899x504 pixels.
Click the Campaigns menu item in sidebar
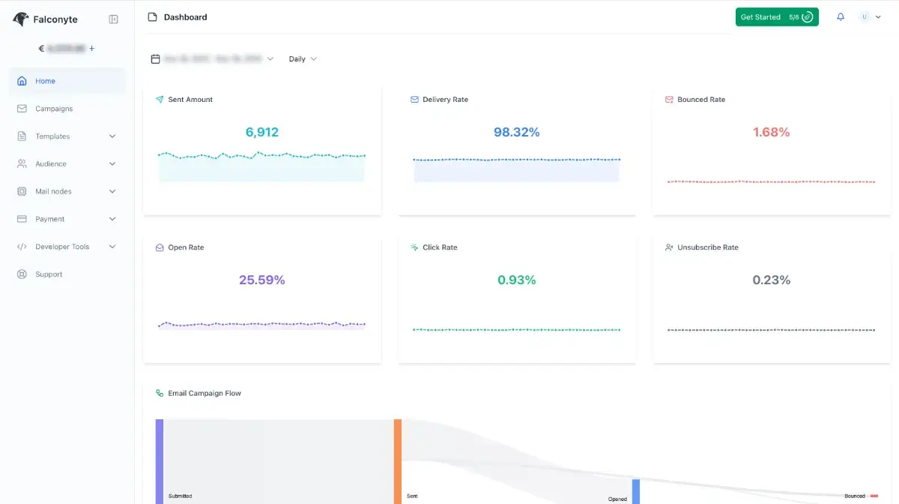pos(54,109)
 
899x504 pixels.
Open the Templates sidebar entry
pos(52,136)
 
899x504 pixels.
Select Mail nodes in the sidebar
pos(53,191)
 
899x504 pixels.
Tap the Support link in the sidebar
pos(49,274)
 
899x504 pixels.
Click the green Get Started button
pos(776,17)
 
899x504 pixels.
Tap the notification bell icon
pos(841,17)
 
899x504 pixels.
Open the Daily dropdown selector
pos(303,58)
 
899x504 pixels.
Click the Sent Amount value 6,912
pos(262,132)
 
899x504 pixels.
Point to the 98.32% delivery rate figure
pos(516,132)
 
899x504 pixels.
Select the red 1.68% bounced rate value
pos(771,132)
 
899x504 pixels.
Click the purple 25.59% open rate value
pos(262,280)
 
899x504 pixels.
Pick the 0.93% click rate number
pos(516,280)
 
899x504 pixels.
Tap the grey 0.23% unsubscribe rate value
pos(771,280)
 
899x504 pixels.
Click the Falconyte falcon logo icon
pos(21,19)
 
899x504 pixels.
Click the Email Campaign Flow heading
pos(205,393)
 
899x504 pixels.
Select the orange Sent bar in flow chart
pos(398,460)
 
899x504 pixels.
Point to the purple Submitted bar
pos(160,460)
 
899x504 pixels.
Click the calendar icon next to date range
pos(156,58)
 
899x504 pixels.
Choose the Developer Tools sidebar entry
pos(62,247)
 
